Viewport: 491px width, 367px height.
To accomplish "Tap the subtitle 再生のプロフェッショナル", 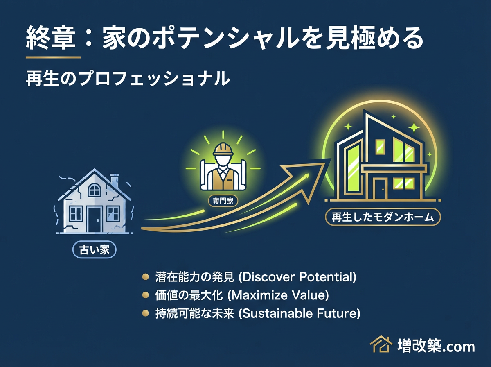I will tap(126, 79).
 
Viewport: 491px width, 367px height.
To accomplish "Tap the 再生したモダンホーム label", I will tap(382, 217).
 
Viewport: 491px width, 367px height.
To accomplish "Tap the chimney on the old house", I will tap(115, 181).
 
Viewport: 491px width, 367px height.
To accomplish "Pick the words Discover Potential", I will tap(297, 277).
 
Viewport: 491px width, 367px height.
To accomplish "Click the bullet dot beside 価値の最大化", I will tap(145, 296).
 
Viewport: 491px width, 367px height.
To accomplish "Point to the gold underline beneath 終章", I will tap(53, 57).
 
